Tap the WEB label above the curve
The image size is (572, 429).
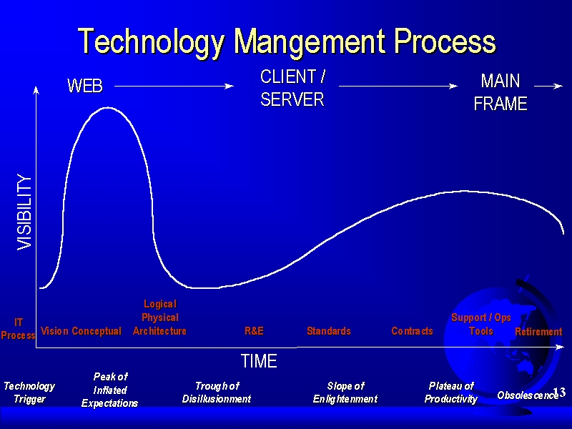tap(85, 86)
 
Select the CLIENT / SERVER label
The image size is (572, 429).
tap(292, 88)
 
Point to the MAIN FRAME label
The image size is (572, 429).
tap(500, 92)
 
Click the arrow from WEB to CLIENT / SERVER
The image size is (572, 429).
tap(174, 86)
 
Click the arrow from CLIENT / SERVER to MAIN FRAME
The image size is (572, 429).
tap(398, 86)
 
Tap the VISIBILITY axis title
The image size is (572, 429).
tap(25, 212)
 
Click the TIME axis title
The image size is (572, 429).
tap(259, 361)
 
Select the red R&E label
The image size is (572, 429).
tap(255, 331)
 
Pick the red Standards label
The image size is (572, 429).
tap(329, 331)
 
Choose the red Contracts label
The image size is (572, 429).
tap(413, 331)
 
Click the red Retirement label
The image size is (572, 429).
tap(538, 332)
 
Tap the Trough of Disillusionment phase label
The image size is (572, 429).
tap(217, 393)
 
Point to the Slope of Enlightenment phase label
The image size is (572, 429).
tap(345, 393)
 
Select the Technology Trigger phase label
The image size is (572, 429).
tap(29, 393)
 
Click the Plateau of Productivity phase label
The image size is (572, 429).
tap(451, 393)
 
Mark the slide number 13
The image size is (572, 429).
tap(560, 393)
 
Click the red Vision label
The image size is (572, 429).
tap(55, 331)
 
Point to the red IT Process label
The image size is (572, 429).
tap(19, 329)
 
